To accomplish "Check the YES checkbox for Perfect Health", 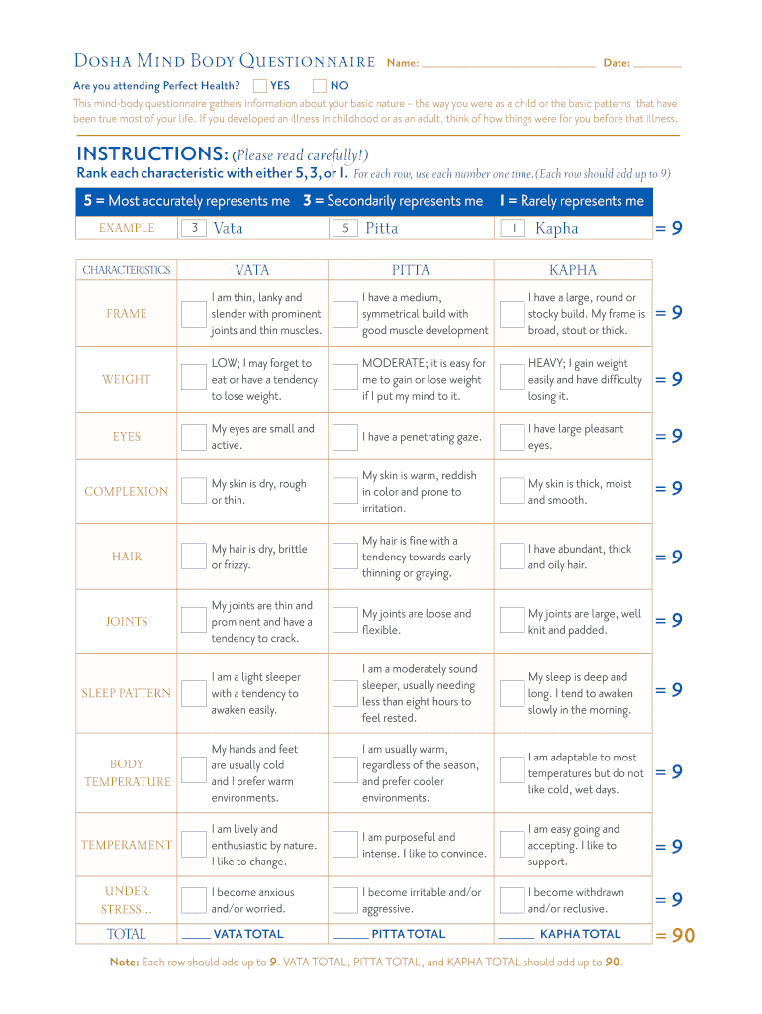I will [x=260, y=86].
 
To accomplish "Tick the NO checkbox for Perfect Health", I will [x=320, y=86].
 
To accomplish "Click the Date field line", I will [x=657, y=65].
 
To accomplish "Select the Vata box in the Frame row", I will [x=193, y=314].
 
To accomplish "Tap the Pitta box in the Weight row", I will [x=344, y=379].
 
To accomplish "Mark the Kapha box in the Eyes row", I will [x=511, y=437].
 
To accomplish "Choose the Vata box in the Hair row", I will [x=193, y=557].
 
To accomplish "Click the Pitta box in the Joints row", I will [x=344, y=621].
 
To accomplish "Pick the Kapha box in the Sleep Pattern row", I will [x=511, y=693].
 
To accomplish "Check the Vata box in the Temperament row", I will [x=193, y=845].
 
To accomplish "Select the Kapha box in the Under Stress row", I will [x=511, y=900].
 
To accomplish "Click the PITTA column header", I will [x=411, y=270].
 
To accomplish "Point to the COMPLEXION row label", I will [x=127, y=492].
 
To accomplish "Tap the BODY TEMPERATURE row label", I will [x=127, y=772].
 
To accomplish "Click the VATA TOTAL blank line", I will [x=196, y=936].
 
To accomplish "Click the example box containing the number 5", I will [x=345, y=229].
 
